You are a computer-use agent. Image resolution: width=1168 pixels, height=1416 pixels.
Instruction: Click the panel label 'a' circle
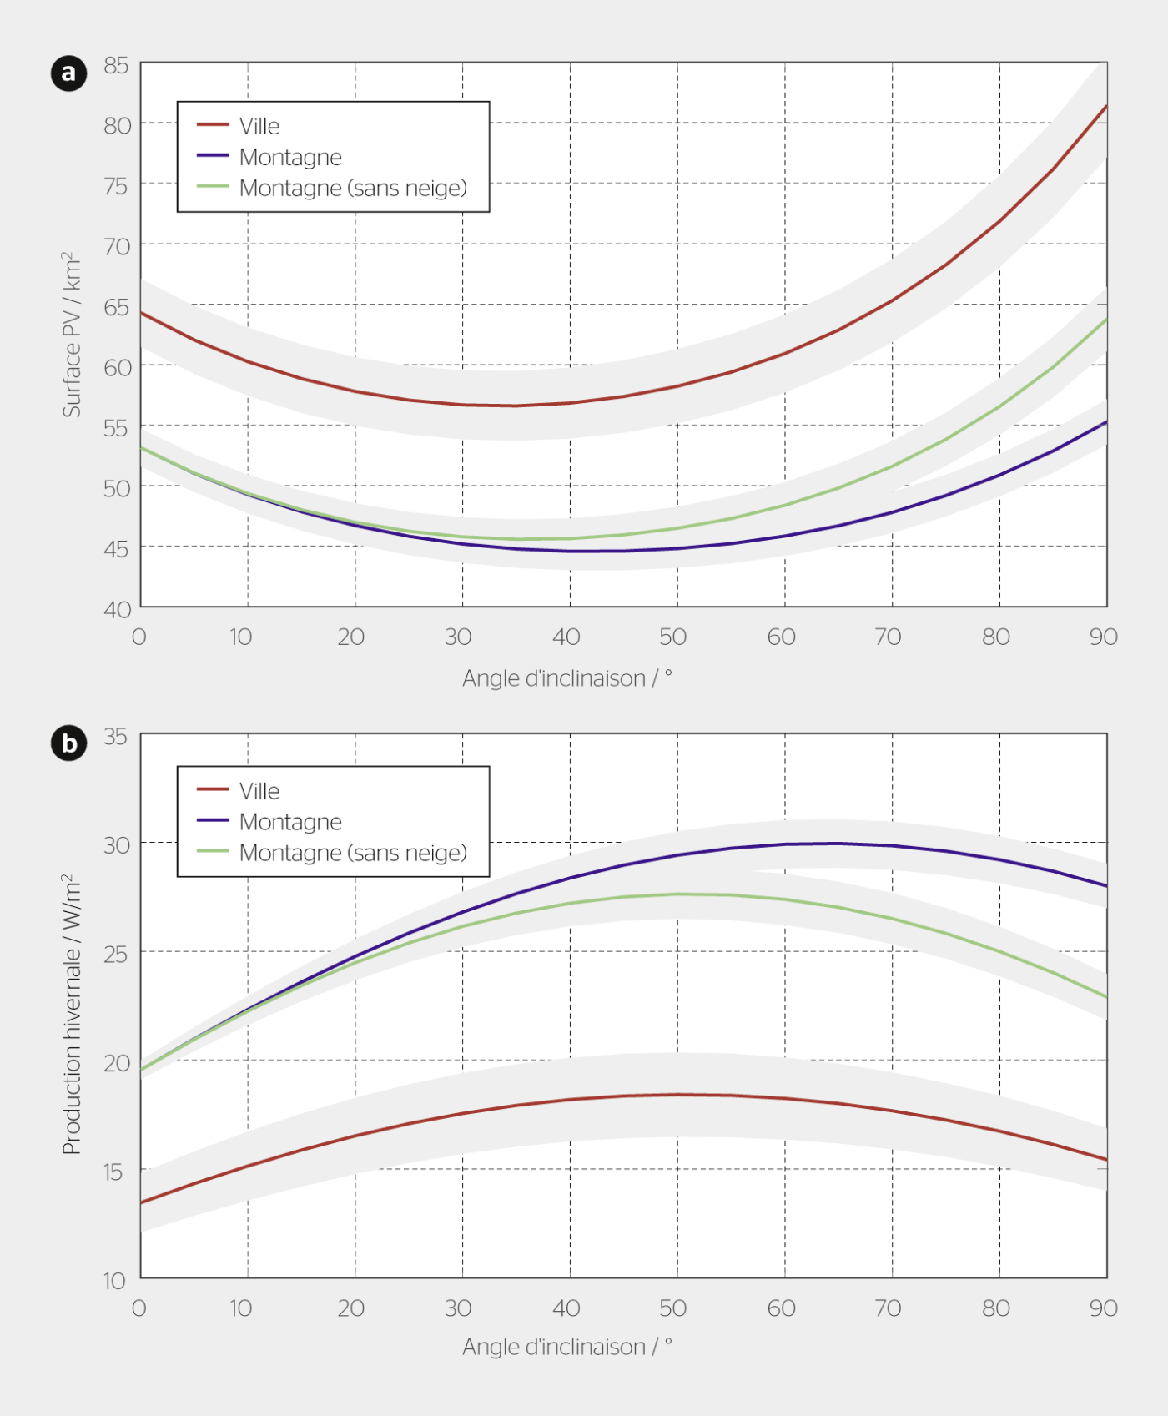pos(68,73)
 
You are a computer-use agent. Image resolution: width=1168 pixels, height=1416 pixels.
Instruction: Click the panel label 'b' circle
pos(68,743)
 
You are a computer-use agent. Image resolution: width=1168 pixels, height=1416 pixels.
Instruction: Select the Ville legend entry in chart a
pos(259,126)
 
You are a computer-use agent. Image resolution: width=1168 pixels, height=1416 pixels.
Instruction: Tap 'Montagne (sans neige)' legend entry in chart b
pos(352,853)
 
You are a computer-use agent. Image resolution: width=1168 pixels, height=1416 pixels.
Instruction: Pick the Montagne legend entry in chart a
pos(289,157)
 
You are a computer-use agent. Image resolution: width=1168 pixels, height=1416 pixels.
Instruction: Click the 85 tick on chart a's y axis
pos(117,65)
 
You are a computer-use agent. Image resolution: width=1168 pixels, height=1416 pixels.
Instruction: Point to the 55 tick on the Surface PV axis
pos(117,428)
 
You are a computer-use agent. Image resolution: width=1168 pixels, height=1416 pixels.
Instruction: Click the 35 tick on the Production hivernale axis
pos(116,736)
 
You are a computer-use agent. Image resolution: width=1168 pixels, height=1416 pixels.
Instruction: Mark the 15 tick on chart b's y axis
pos(114,1172)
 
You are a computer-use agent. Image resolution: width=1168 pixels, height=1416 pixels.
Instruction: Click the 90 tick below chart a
pos(1103,637)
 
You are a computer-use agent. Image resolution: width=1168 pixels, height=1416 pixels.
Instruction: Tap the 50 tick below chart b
pos(673,1308)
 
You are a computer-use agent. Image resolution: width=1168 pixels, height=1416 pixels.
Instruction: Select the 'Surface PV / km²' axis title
pos(73,334)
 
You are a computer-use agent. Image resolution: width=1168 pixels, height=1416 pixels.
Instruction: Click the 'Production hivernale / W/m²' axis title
pos(73,1014)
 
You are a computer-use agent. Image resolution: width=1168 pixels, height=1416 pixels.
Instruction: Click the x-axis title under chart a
pos(567,678)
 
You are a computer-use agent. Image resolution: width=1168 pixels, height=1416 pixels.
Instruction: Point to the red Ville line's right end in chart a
pos(1105,107)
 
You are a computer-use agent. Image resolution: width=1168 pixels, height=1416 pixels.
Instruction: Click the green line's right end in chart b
pos(1105,997)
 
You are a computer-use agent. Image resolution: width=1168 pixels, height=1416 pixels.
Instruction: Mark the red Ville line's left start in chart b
pos(142,1202)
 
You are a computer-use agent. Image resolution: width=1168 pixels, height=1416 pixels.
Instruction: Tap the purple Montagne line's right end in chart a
pos(1105,422)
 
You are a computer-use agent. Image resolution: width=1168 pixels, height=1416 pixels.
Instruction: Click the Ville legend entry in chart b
pos(259,790)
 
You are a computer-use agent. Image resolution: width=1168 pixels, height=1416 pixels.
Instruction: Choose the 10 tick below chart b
pos(241,1308)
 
